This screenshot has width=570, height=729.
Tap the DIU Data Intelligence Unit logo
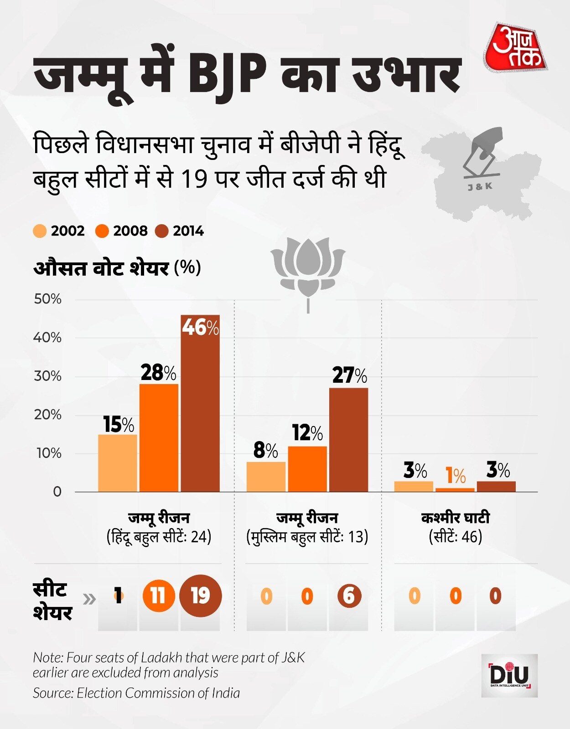coord(509,675)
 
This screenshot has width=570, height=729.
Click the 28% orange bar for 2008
coord(159,437)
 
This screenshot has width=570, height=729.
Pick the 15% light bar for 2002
coord(118,463)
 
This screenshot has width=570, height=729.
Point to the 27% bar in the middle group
coord(348,440)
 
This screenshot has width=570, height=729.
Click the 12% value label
coord(307,433)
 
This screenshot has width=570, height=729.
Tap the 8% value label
coord(265,451)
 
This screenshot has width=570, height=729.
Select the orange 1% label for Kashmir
coord(455,476)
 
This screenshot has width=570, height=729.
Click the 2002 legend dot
coord(40,231)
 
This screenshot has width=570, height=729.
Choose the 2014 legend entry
coord(180,231)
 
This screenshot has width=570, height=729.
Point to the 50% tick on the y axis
coord(47,299)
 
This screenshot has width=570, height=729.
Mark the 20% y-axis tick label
coord(47,415)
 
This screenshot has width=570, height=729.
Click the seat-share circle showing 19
coord(200,596)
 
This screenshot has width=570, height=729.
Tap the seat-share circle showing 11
coord(158,596)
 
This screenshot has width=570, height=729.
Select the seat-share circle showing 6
coord(349,596)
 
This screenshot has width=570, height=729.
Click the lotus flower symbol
coord(308,269)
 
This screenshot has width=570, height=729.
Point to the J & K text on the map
coord(480,186)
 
